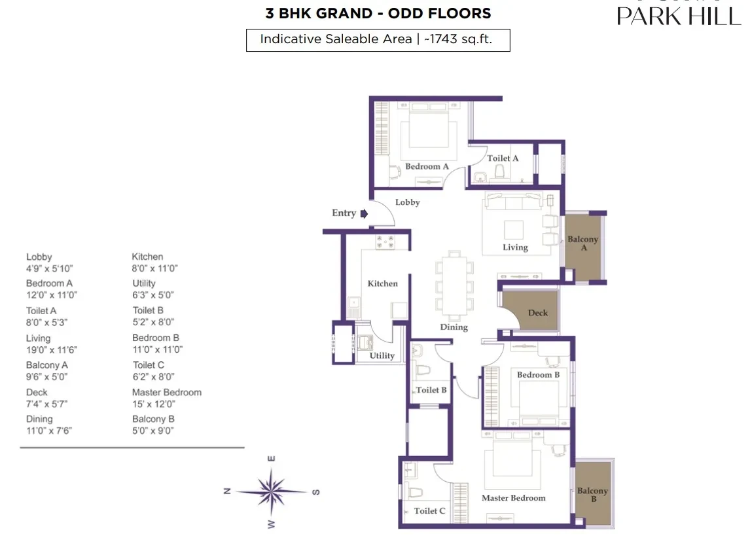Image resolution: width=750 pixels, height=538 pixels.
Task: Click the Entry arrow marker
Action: [x=364, y=214]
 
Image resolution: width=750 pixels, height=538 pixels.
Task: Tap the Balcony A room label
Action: [x=583, y=243]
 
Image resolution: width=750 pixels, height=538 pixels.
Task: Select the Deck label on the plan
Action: [x=537, y=313]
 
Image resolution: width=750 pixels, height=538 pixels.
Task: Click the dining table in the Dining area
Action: [x=454, y=286]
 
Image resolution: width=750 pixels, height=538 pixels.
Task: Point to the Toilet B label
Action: [x=431, y=389]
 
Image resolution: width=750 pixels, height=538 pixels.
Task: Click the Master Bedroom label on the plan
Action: [x=513, y=498]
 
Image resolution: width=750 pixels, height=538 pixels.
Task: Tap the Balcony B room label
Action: [x=593, y=495]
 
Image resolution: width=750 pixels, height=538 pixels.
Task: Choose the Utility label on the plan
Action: [x=382, y=355]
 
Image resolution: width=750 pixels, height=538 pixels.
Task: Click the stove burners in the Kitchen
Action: [x=385, y=242]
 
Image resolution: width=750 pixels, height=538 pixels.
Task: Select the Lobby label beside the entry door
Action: [x=408, y=202]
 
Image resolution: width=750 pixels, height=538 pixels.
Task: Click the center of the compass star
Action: [x=271, y=492]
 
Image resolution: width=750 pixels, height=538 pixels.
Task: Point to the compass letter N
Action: [x=228, y=491]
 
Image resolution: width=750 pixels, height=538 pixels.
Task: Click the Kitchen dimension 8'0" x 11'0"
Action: [x=154, y=268]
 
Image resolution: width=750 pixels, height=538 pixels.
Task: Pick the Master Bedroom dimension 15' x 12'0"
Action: [x=154, y=404]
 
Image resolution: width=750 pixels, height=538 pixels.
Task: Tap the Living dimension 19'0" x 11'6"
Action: [x=51, y=350]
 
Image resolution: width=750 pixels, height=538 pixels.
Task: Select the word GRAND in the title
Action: [x=344, y=13]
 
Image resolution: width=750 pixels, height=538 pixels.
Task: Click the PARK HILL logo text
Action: [x=679, y=16]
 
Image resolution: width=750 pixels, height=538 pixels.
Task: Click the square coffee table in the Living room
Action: [x=514, y=230]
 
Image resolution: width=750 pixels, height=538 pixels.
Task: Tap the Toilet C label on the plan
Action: [x=429, y=511]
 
